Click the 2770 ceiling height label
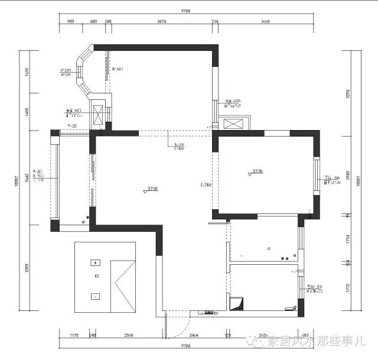(x=257, y=171)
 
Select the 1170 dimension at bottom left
(x=74, y=335)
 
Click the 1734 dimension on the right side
(x=348, y=239)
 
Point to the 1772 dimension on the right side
(x=348, y=288)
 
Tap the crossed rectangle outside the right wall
(x=234, y=125)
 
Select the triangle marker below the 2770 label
(x=250, y=174)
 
